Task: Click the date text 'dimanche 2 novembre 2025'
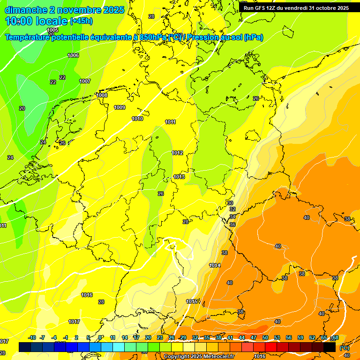(x=64, y=10)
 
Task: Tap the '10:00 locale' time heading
(x=36, y=21)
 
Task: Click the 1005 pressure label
(x=53, y=30)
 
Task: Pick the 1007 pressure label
(x=85, y=82)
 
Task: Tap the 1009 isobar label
(x=120, y=107)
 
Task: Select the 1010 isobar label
(x=137, y=119)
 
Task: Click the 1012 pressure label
(x=177, y=153)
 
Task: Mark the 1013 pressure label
(x=179, y=177)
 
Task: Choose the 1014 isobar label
(x=215, y=266)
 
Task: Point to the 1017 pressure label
(x=74, y=322)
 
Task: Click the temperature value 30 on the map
(x=230, y=203)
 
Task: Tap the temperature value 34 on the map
(x=232, y=217)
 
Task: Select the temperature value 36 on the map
(x=232, y=225)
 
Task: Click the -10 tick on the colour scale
(x=32, y=338)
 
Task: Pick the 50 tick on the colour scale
(x=265, y=338)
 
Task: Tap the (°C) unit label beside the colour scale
(x=344, y=348)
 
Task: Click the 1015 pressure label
(x=192, y=301)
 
